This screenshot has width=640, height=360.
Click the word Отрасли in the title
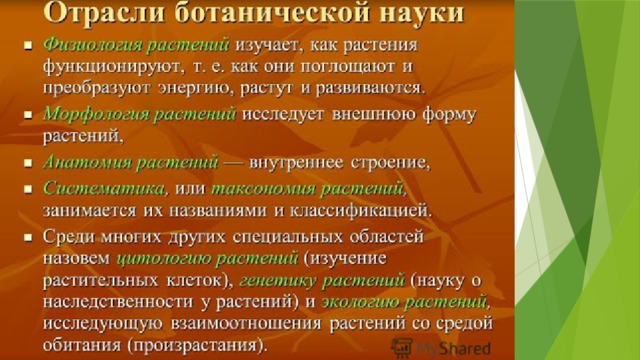105,12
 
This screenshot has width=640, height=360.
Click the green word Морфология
96,113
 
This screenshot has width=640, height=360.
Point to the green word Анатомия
87,162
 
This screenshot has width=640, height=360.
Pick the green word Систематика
104,188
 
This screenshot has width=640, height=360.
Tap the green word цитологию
164,258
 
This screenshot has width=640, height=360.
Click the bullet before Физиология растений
28,45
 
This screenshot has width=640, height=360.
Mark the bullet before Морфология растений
28,114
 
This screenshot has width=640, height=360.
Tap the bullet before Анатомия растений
28,163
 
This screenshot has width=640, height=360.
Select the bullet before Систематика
28,189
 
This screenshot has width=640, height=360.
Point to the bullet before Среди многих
28,238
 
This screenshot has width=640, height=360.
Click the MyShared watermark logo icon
402,348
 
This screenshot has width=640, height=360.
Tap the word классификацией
360,211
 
